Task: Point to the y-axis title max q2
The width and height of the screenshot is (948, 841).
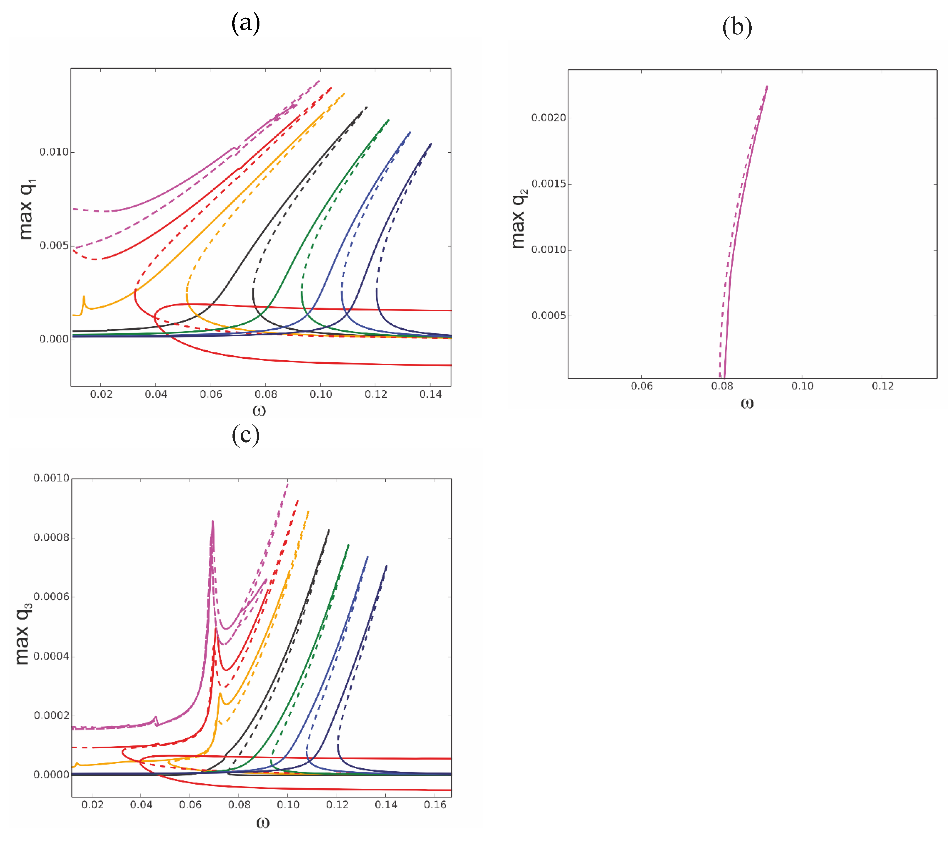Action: point(519,218)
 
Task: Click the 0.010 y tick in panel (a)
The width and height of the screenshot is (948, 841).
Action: point(54,152)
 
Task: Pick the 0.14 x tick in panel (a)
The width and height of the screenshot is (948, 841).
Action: point(430,394)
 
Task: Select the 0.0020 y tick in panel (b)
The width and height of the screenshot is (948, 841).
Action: point(549,118)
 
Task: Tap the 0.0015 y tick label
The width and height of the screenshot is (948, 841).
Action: point(549,184)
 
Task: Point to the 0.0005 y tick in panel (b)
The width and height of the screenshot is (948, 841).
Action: point(549,316)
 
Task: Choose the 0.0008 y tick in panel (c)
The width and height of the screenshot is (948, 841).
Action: point(51,537)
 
